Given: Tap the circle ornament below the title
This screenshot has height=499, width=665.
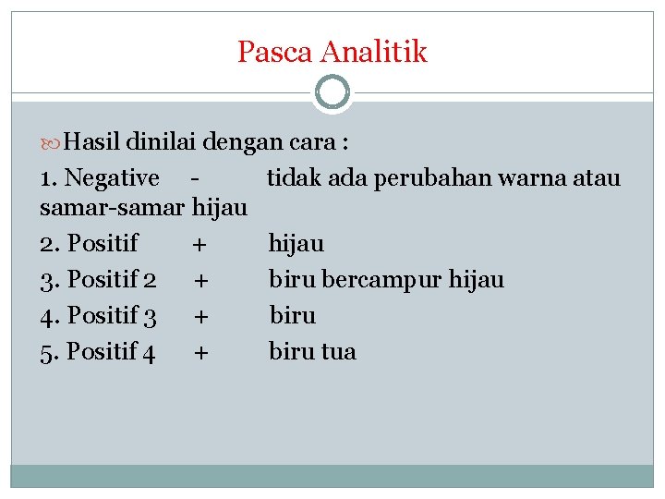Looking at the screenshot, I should (x=332, y=92).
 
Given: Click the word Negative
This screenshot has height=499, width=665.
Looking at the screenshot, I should (x=113, y=177).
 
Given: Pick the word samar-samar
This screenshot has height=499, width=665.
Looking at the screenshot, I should (x=114, y=209).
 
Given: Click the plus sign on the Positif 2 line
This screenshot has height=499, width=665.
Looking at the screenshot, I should (x=200, y=279).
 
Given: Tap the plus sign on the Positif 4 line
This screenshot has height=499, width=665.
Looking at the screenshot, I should (x=200, y=352).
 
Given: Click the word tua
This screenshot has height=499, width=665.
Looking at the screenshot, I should (x=337, y=352).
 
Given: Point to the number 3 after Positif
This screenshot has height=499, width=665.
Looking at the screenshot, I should (x=150, y=316).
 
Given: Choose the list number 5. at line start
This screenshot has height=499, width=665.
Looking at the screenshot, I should (x=49, y=352).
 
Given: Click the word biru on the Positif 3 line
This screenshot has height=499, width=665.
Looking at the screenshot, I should (x=292, y=316).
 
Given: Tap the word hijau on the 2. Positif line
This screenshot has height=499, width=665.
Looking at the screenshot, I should (x=296, y=244).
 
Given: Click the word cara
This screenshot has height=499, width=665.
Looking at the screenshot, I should (x=313, y=142).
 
